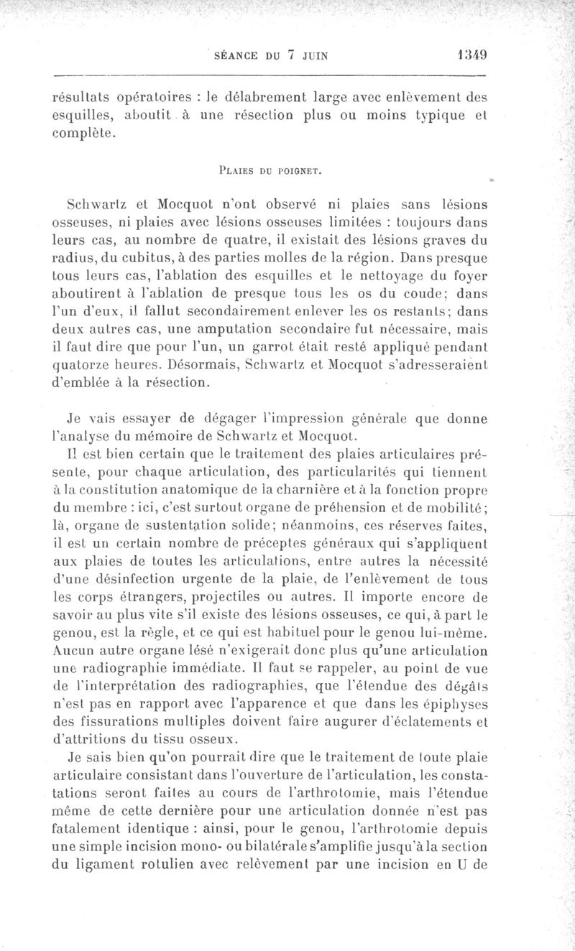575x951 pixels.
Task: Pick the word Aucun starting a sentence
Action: (75, 651)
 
